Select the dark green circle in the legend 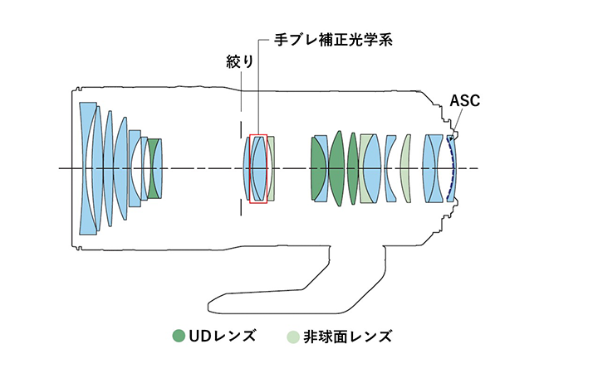pyautogui.click(x=178, y=336)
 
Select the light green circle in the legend pyautogui.click(x=292, y=336)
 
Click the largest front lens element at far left pyautogui.click(x=88, y=168)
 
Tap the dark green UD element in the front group pyautogui.click(x=154, y=169)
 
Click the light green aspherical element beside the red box pyautogui.click(x=272, y=168)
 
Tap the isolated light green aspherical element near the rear pyautogui.click(x=405, y=168)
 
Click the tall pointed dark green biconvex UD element pyautogui.click(x=336, y=168)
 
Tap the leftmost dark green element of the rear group pyautogui.click(x=318, y=168)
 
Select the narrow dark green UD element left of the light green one pyautogui.click(x=353, y=168)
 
